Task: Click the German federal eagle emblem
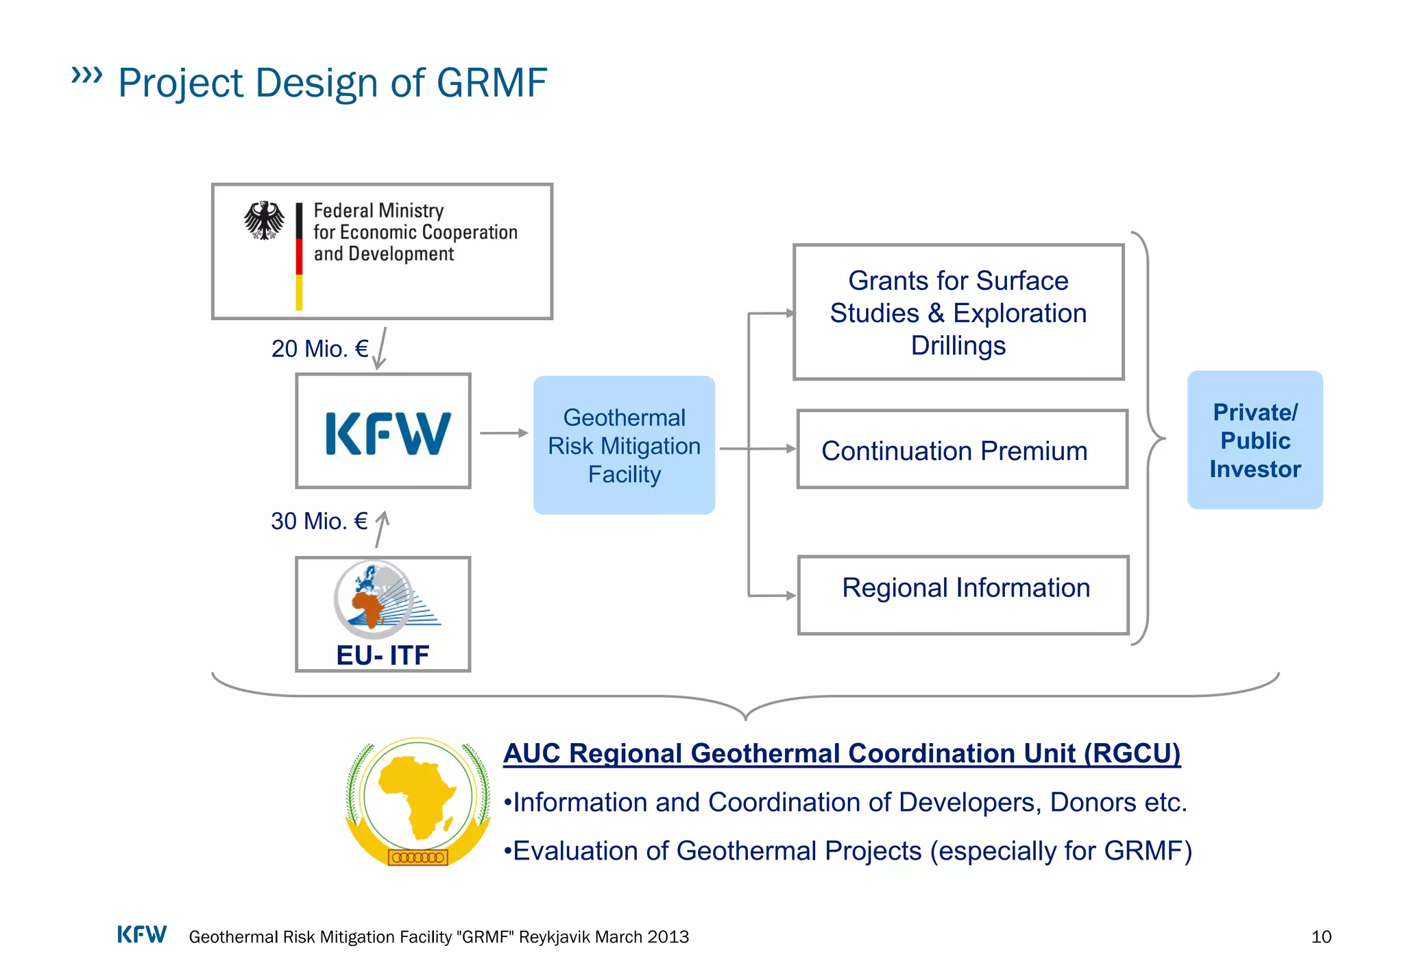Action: [264, 220]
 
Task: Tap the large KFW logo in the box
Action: [387, 433]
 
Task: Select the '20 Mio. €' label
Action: [319, 349]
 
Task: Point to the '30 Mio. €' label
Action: [319, 522]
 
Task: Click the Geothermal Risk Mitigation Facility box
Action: [624, 446]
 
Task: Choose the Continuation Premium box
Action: [962, 450]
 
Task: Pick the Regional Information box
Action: [963, 595]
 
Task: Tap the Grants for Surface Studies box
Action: [958, 313]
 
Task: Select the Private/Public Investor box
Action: [1255, 440]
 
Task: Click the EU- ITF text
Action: [383, 655]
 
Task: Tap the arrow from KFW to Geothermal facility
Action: [504, 433]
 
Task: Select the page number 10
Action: [1320, 937]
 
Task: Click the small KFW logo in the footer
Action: [142, 935]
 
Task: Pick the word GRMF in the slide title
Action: [492, 83]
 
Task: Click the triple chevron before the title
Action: [87, 75]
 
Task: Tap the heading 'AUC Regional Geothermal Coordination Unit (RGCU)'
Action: [842, 753]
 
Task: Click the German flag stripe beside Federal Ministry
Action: [299, 257]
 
